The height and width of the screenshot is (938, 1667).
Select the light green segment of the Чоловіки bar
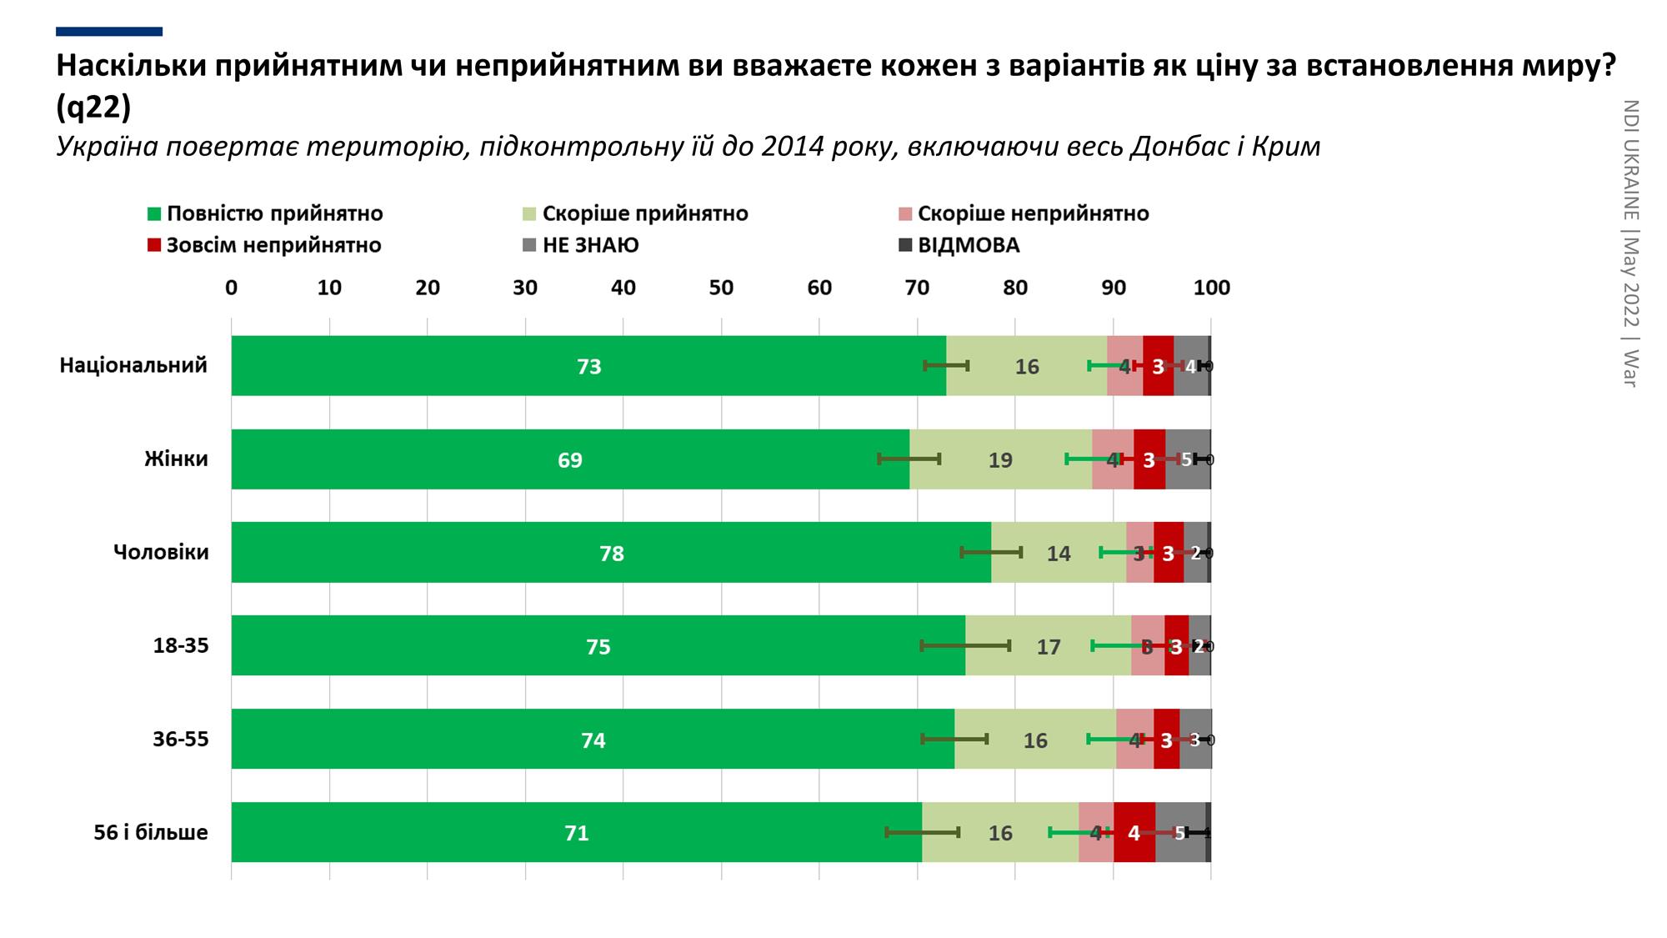coord(1059,553)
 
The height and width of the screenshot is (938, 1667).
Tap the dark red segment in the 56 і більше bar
coord(1134,832)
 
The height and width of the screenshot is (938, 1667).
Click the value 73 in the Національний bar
coord(589,367)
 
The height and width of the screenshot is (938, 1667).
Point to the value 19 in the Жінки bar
coord(1000,460)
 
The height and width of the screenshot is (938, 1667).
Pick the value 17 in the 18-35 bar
coord(1049,647)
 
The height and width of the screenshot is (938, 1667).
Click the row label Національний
coord(133,365)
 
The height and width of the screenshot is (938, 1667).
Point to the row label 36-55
coord(181,739)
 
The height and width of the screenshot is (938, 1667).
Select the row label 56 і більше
coord(151,832)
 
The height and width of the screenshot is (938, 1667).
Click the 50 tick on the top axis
coord(721,288)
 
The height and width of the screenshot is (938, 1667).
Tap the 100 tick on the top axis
coord(1211,288)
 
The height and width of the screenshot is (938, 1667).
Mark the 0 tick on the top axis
coord(231,288)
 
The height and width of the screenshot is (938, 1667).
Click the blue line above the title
coord(109,32)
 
